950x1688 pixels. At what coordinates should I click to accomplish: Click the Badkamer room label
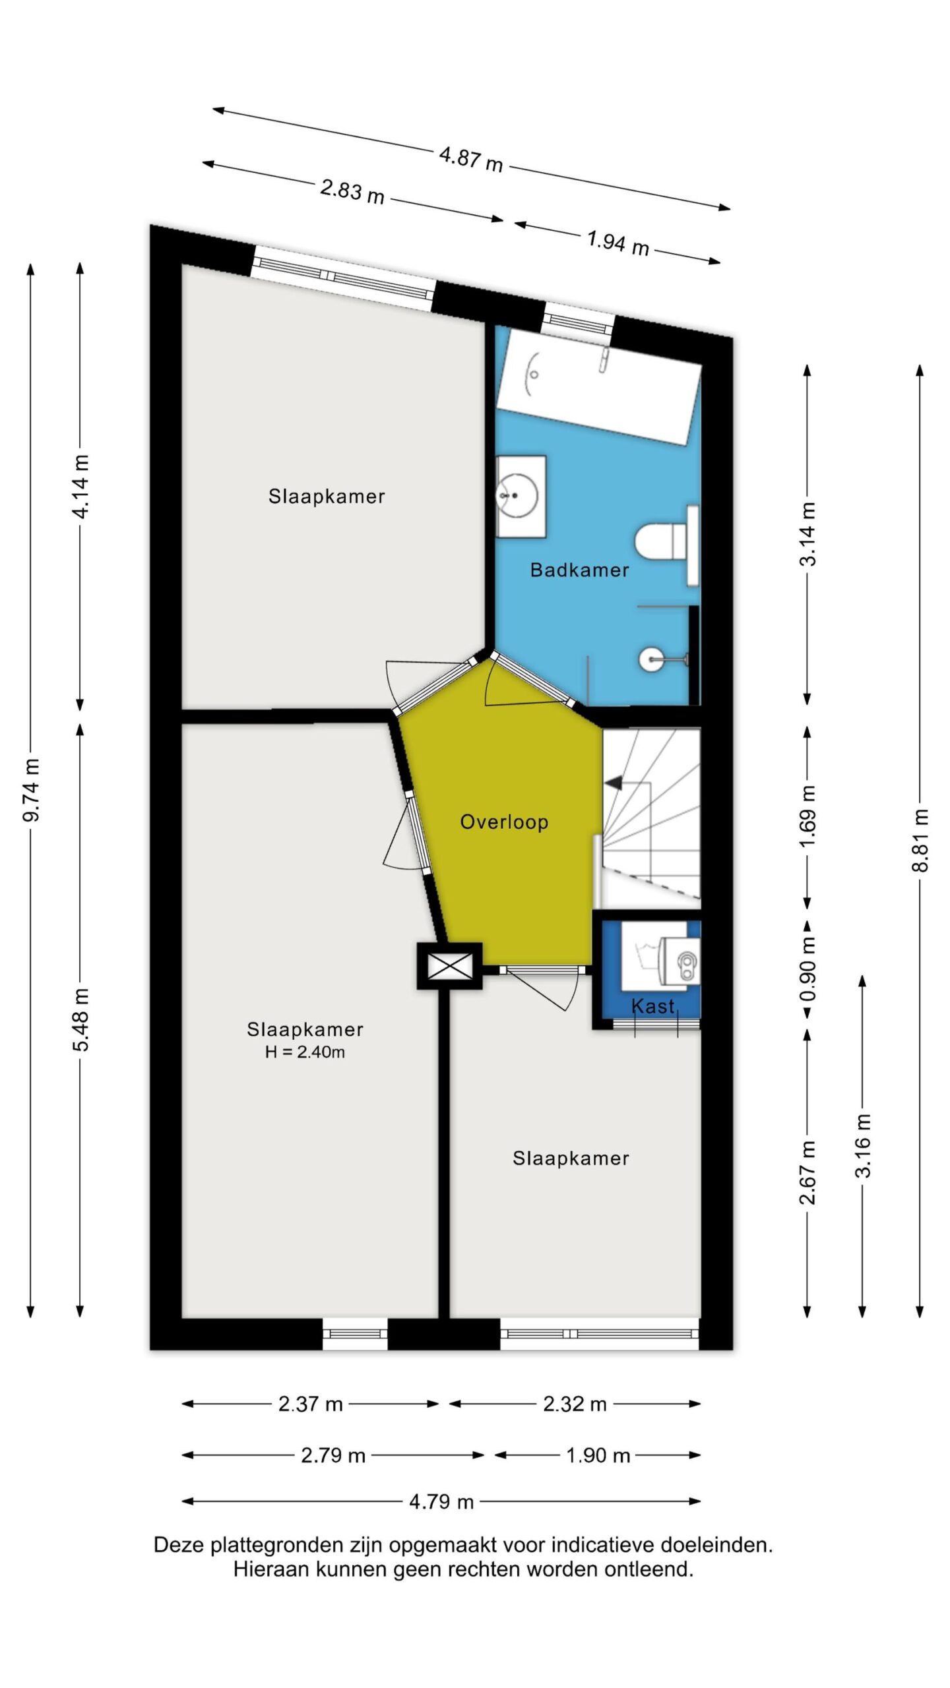point(579,570)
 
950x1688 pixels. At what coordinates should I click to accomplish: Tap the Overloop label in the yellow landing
point(504,822)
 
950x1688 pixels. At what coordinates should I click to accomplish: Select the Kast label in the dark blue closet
point(653,1006)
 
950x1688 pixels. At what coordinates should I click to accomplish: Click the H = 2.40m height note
point(305,1052)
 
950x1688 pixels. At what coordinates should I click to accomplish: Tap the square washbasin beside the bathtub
point(521,497)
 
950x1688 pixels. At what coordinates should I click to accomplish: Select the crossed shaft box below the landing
point(450,967)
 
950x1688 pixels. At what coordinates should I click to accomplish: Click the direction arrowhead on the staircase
point(614,783)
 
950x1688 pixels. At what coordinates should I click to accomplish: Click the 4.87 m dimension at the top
point(471,159)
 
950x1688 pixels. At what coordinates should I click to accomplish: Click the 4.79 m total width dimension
point(441,1501)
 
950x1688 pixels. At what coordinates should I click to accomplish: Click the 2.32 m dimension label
point(575,1404)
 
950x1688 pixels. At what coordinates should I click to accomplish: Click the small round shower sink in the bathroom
point(650,659)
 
